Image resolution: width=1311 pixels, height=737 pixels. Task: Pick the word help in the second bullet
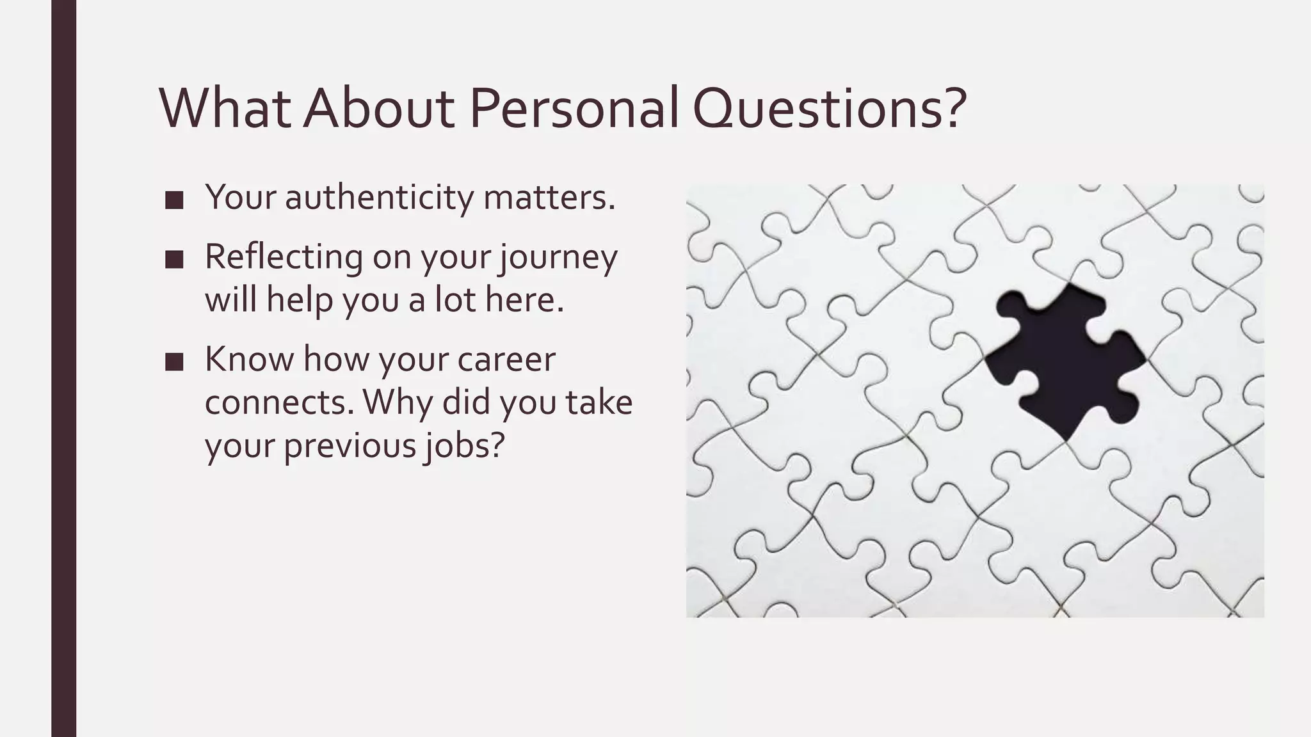tap(299, 299)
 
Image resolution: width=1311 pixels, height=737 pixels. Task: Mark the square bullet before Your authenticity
tap(173, 200)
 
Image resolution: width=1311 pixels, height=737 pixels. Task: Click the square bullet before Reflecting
tap(173, 259)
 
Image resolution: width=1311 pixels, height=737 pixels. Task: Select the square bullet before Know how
tap(173, 362)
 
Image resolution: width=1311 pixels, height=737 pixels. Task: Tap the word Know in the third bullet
tap(248, 359)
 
